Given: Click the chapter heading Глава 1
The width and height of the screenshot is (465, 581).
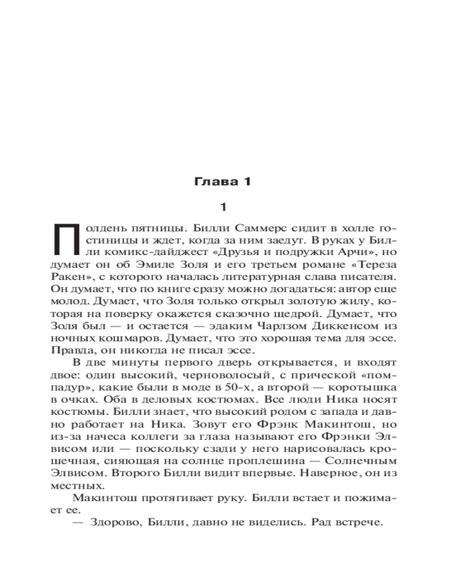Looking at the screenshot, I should [221, 182].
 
